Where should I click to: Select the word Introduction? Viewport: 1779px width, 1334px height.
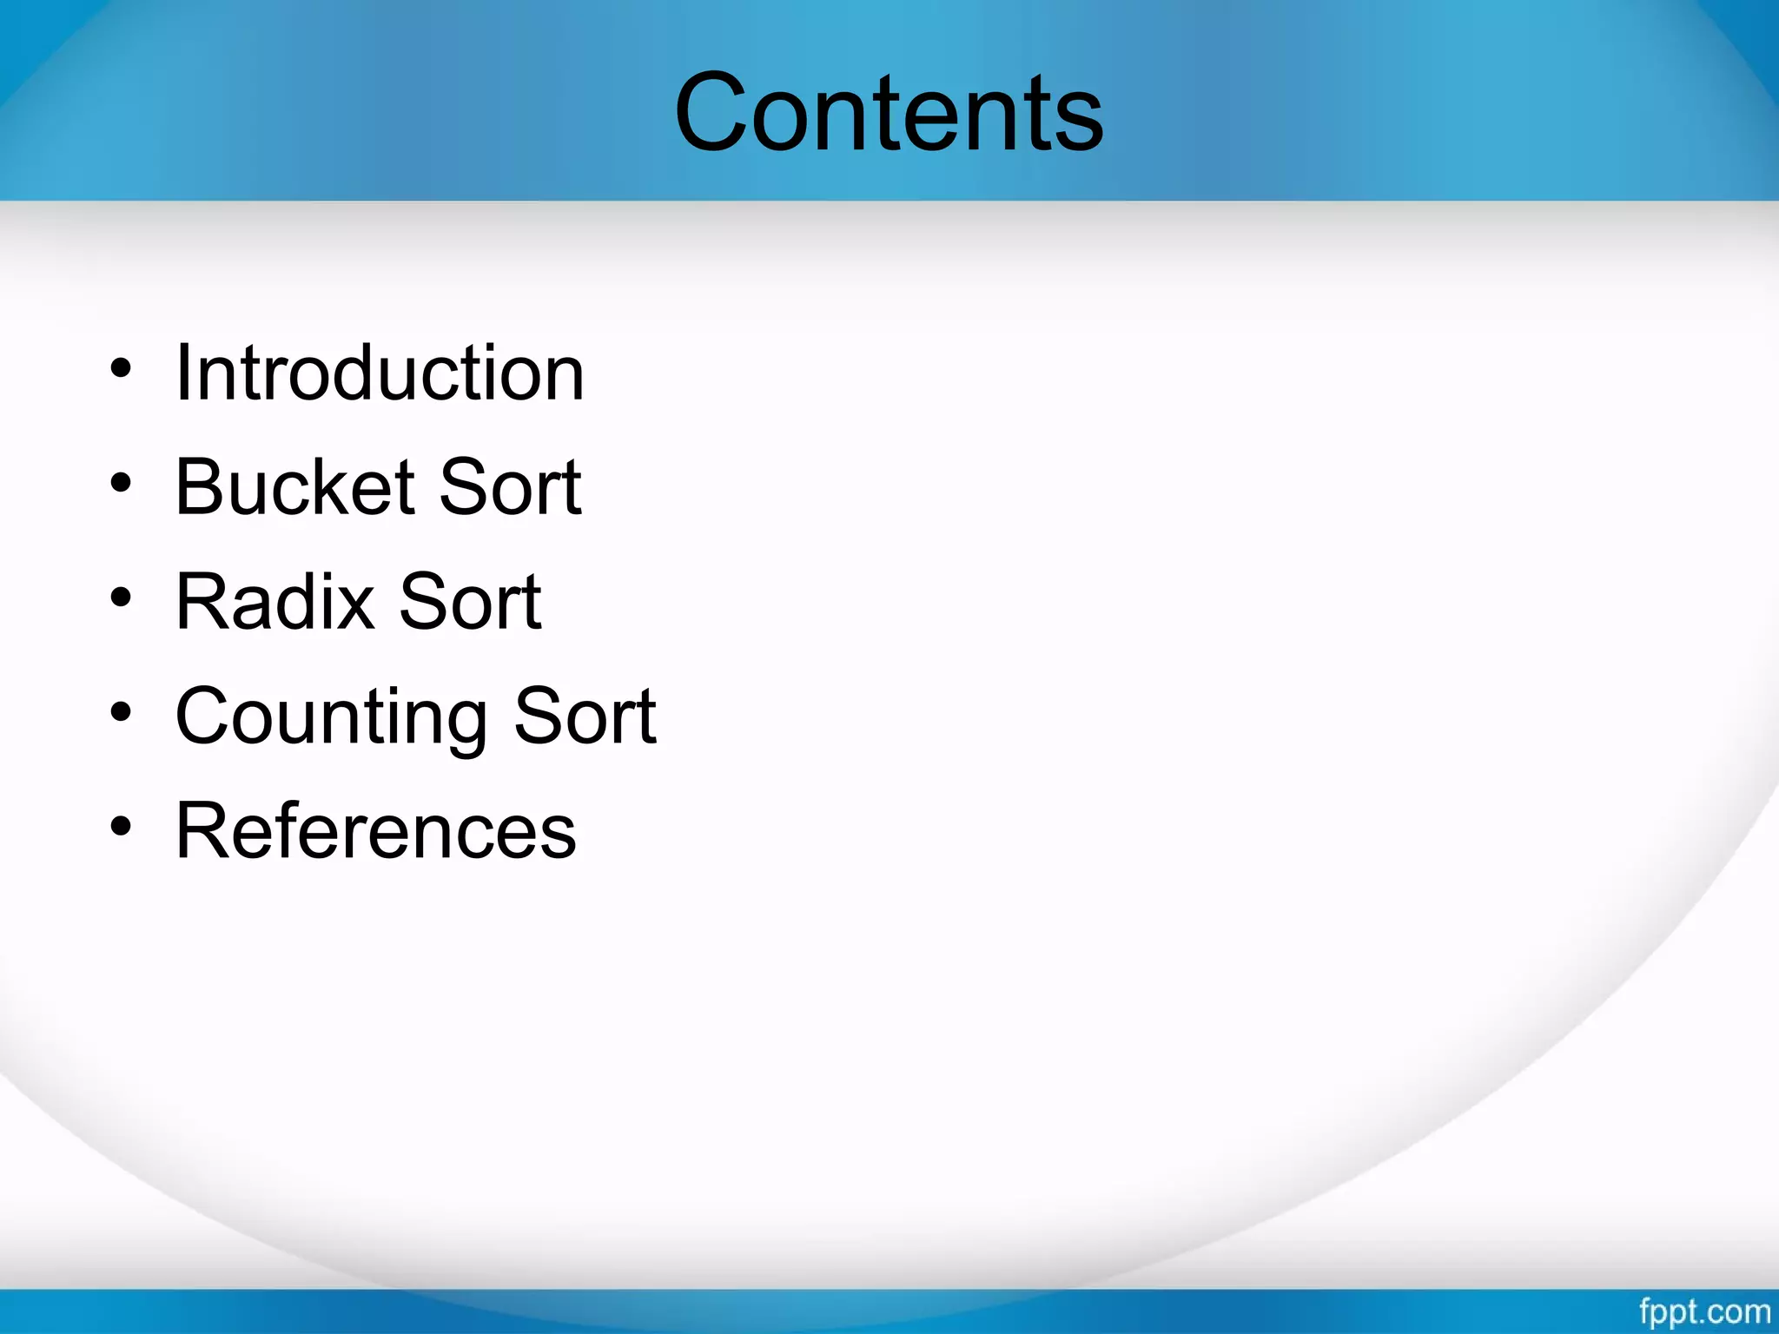380,373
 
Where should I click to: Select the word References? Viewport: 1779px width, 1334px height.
375,831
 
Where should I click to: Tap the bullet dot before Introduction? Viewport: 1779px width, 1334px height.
121,368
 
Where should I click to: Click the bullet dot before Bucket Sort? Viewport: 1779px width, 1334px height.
121,483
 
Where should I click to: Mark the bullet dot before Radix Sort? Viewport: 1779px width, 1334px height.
121,598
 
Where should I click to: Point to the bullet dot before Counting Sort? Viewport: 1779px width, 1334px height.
121,712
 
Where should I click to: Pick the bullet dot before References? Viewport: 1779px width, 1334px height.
121,827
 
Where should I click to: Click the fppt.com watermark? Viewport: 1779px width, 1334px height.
1704,1311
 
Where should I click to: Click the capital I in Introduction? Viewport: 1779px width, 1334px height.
182,373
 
